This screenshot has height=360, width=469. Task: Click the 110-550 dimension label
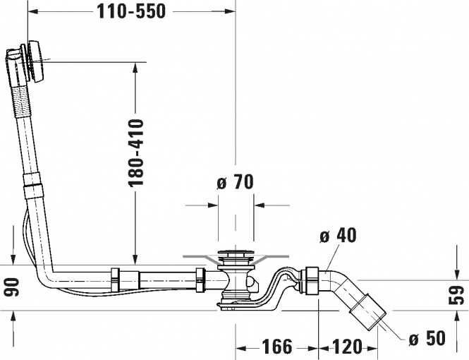coord(131,12)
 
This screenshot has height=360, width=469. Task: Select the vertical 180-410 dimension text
coord(136,153)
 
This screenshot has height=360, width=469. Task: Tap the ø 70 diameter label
coord(235,181)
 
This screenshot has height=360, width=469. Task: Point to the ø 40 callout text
coord(338,235)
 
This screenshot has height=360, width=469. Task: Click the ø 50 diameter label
coord(427,338)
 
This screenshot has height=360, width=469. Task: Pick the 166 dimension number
coord(277,346)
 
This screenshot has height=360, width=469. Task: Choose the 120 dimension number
coord(347,346)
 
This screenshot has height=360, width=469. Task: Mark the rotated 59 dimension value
coord(456,295)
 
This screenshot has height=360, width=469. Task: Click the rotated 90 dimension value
coord(12,287)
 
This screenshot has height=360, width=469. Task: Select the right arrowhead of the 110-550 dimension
coord(230,11)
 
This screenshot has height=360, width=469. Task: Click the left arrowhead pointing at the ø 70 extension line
coord(212,205)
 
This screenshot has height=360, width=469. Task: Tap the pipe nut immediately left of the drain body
coord(200,280)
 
